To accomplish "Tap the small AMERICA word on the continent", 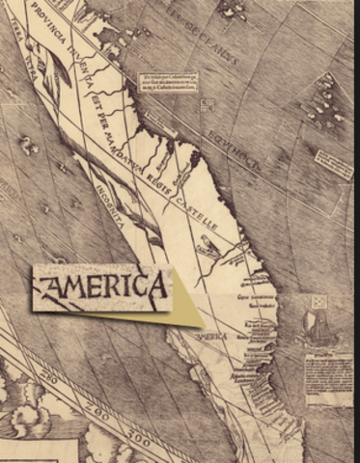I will tap(213, 338).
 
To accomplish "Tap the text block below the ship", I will tap(329, 378).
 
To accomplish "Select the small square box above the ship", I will tap(319, 302).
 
